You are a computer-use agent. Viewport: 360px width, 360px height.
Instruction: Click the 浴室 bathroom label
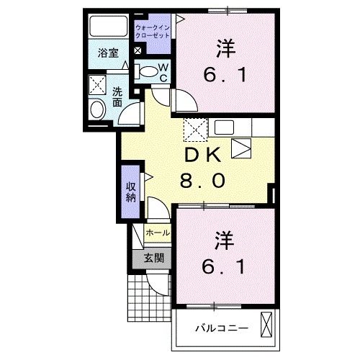coord(107,52)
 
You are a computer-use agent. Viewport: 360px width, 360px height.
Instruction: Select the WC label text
coord(163,73)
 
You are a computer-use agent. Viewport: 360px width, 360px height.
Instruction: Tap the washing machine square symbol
coord(98,86)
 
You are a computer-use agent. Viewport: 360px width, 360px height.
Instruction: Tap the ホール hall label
coord(158,233)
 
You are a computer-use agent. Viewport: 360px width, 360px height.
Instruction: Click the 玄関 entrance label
coord(153,258)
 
